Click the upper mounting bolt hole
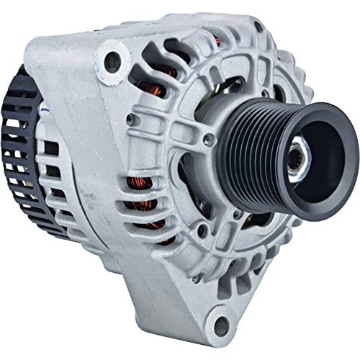coord(112,61)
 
